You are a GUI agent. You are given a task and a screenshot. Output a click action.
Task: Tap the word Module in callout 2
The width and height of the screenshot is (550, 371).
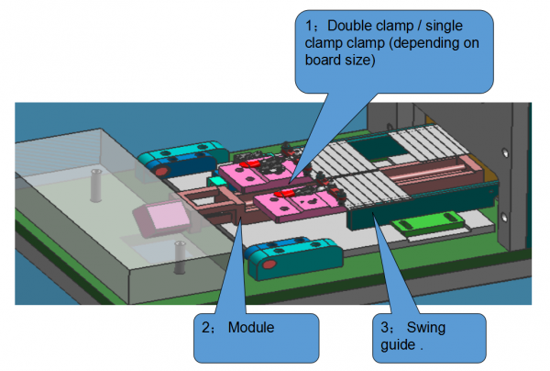[x=250, y=328]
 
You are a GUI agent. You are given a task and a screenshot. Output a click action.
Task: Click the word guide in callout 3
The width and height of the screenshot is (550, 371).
[x=398, y=346]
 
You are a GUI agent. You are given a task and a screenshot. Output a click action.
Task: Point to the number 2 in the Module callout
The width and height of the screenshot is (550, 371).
[x=204, y=328]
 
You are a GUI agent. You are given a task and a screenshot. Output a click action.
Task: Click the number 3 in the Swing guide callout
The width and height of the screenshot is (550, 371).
[x=385, y=328]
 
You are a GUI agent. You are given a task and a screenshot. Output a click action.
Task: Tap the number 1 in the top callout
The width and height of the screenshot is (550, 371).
[x=309, y=28]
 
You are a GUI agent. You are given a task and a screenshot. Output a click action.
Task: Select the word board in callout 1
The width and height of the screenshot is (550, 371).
[x=325, y=62]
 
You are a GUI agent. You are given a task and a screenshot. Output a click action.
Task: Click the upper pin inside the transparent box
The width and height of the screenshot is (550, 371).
[x=96, y=185]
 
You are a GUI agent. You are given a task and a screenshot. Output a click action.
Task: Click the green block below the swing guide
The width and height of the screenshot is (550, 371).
[x=426, y=220]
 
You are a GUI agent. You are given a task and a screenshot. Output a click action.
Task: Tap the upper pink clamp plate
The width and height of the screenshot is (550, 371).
[x=257, y=170]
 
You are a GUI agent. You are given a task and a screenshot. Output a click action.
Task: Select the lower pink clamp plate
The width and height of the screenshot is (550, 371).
[x=293, y=204]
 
